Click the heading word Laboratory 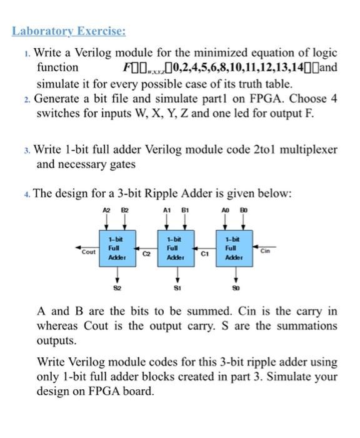tap(41, 31)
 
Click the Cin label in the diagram tap(267, 248)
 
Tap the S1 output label tap(176, 290)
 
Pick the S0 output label tap(237, 290)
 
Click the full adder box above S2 tap(116, 248)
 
